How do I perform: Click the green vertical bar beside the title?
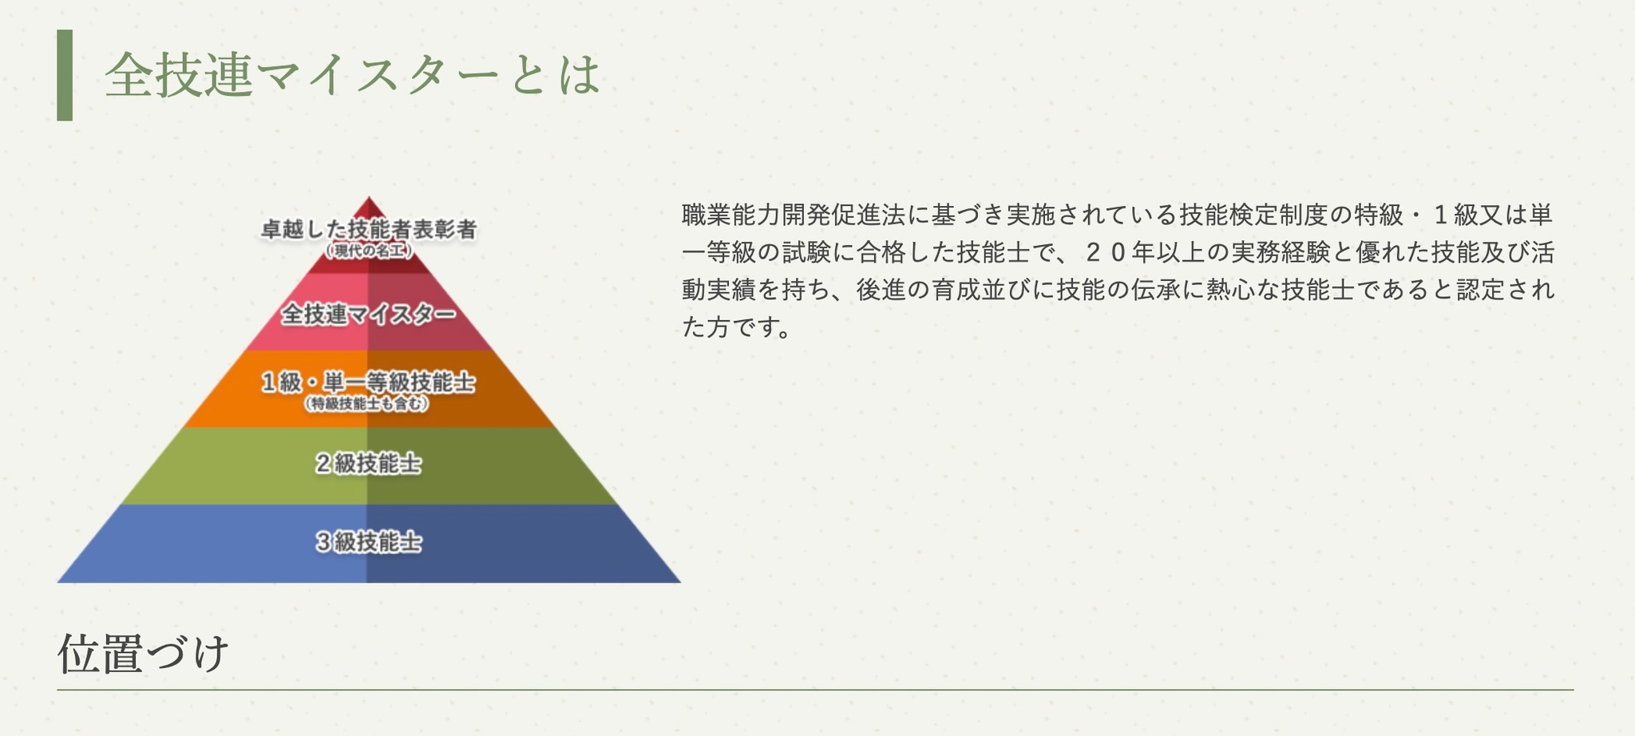65,75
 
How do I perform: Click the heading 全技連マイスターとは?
352,75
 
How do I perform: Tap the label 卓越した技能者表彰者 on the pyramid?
369,230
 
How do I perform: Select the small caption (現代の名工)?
369,251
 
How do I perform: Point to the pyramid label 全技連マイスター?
369,314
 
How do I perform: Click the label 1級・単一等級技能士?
369,382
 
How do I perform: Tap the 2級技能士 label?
368,463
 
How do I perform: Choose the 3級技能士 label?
368,542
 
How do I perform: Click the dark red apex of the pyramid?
369,209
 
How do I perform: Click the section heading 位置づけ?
143,654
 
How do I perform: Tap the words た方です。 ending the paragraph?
735,326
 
